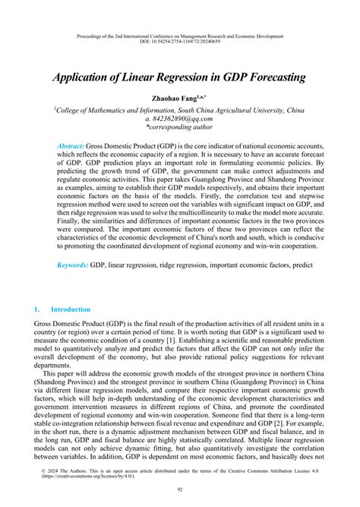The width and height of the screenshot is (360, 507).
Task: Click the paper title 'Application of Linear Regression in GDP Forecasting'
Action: pos(179,78)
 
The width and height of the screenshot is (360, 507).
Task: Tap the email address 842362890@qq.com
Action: pos(184,119)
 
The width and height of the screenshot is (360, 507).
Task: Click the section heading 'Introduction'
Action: pos(70,309)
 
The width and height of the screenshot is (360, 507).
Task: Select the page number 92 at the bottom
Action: pos(180,490)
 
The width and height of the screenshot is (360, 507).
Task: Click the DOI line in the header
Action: pos(180,43)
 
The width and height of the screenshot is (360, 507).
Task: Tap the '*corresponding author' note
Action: pos(180,128)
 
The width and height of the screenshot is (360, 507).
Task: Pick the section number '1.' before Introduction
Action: pos(36,309)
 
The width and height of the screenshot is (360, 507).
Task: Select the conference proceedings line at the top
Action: pos(180,36)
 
